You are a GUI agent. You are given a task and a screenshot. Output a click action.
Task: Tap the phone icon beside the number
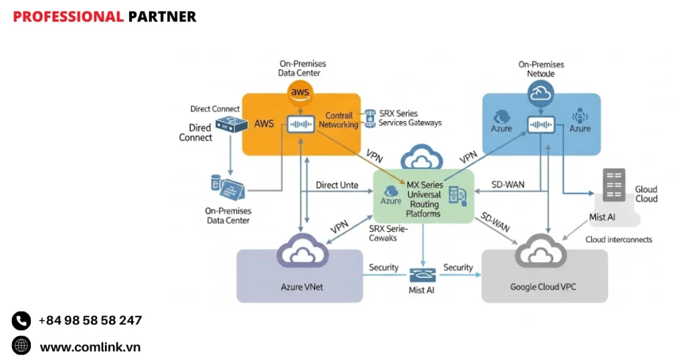point(21,321)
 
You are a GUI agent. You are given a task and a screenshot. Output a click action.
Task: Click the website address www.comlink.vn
point(90,347)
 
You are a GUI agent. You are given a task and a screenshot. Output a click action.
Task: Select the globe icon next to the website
point(21,346)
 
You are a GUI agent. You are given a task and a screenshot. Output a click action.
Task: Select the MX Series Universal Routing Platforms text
point(423,199)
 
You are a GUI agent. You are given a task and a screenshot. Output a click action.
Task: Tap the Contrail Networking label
point(338,120)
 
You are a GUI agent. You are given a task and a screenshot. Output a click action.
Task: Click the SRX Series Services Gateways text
point(409,118)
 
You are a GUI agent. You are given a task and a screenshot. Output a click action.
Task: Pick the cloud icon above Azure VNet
point(302,253)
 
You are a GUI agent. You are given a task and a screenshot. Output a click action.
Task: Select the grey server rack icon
point(613,185)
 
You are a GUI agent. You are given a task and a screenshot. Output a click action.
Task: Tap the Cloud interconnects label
point(618,239)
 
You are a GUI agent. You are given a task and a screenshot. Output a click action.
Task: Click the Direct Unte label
point(336,185)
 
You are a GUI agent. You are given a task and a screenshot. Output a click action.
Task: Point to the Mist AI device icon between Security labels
point(422,274)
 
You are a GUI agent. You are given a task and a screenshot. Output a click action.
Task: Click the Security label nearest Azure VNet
point(383,268)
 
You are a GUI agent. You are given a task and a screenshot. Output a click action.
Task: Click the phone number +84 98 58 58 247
point(90,321)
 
